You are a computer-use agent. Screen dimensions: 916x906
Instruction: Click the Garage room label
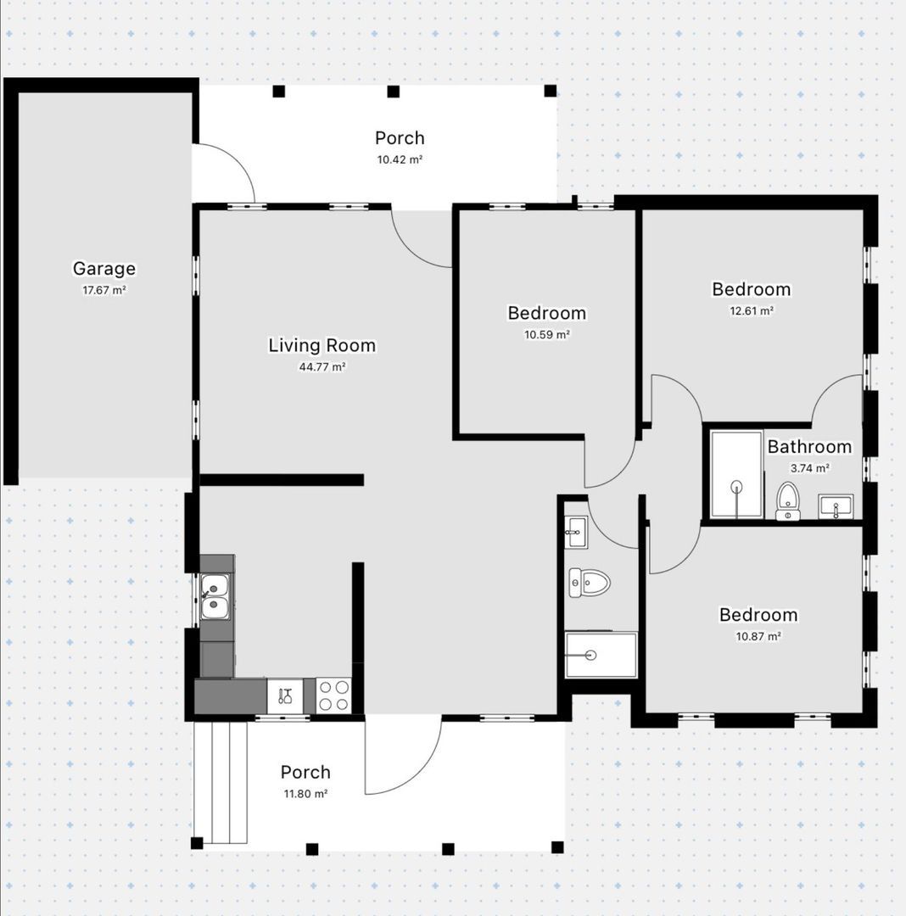tap(103, 269)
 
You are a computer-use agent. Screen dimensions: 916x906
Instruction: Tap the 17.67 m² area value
tap(103, 290)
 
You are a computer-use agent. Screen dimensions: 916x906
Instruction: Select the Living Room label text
tap(322, 345)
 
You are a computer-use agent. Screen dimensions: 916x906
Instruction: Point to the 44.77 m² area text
tap(322, 367)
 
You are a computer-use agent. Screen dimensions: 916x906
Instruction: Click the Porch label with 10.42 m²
tap(400, 138)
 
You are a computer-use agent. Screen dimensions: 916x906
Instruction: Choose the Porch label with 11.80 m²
tap(305, 772)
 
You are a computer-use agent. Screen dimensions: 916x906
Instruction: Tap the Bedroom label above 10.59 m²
tap(546, 313)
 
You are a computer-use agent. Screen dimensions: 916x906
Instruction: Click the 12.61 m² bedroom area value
tap(751, 310)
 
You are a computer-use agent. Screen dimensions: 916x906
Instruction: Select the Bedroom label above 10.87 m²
tap(758, 615)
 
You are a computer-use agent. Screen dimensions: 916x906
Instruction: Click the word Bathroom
tap(808, 447)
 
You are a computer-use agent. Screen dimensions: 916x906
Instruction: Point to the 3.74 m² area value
tap(808, 467)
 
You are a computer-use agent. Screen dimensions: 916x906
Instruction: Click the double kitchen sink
tap(215, 595)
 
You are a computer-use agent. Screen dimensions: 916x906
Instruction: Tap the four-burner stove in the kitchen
tap(333, 695)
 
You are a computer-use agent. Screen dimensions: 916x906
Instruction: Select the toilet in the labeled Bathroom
tap(788, 500)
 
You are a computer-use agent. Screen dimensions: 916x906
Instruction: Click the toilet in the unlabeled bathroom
tap(590, 582)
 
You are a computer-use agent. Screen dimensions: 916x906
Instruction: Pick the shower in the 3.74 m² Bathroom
tap(735, 474)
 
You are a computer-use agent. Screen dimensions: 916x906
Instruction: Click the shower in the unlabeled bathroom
tap(601, 655)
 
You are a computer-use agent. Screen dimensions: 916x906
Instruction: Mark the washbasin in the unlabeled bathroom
tap(576, 532)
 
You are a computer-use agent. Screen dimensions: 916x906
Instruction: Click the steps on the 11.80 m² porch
tap(221, 781)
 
